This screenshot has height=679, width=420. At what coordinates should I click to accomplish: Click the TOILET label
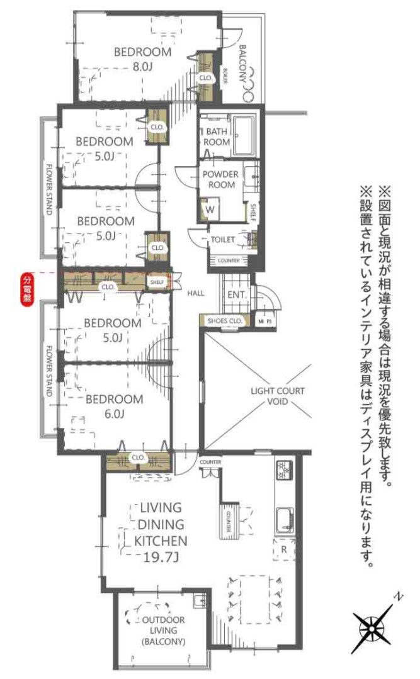click(x=222, y=240)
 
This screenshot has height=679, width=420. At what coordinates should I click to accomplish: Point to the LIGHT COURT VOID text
click(x=277, y=396)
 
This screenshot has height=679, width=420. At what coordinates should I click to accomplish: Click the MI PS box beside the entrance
click(x=264, y=321)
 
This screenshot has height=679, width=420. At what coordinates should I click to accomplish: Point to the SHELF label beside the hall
click(x=157, y=283)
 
